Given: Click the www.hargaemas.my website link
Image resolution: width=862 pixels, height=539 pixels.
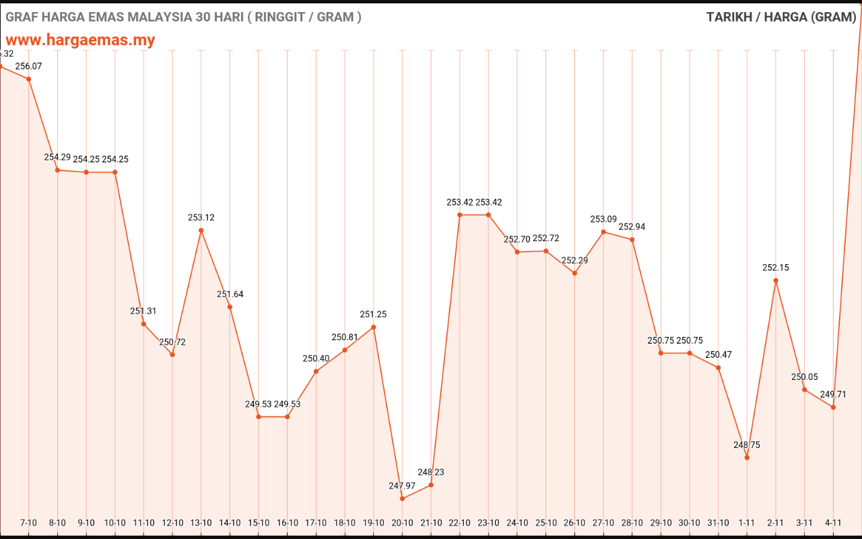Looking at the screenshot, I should [x=81, y=40].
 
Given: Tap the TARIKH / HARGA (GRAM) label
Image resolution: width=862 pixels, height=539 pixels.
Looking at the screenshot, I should [x=781, y=18].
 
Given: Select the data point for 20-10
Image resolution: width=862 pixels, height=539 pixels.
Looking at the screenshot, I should [x=402, y=499].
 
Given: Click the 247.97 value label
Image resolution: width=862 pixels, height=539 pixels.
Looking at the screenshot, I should [x=402, y=486].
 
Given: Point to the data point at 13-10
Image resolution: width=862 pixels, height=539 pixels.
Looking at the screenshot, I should [x=201, y=230].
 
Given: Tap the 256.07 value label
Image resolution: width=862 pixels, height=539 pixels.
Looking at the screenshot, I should [x=28, y=66].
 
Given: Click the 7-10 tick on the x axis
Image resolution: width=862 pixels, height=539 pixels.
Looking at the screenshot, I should [x=28, y=523].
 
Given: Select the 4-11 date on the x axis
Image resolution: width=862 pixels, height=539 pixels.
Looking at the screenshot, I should [x=833, y=523].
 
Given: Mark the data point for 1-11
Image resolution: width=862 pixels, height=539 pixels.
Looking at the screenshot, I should [x=747, y=457].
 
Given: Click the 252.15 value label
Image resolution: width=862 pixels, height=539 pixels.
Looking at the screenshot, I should [x=776, y=267].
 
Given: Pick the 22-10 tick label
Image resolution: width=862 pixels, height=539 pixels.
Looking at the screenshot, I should [x=459, y=523].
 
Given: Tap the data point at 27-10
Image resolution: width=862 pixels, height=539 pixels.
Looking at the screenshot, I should [x=603, y=232].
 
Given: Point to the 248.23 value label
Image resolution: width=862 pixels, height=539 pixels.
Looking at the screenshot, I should [x=431, y=472].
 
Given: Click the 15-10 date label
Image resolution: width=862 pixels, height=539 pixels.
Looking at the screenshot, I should [x=259, y=523].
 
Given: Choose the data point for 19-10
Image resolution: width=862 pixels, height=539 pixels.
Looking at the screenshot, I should [x=374, y=327].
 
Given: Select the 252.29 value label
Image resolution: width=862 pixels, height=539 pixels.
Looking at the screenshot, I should [x=574, y=260].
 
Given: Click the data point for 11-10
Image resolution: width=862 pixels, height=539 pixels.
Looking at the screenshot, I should [x=143, y=324].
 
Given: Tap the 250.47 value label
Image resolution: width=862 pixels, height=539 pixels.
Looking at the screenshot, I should [x=719, y=354].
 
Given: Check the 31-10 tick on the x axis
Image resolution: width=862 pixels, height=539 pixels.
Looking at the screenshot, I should [x=719, y=523].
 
